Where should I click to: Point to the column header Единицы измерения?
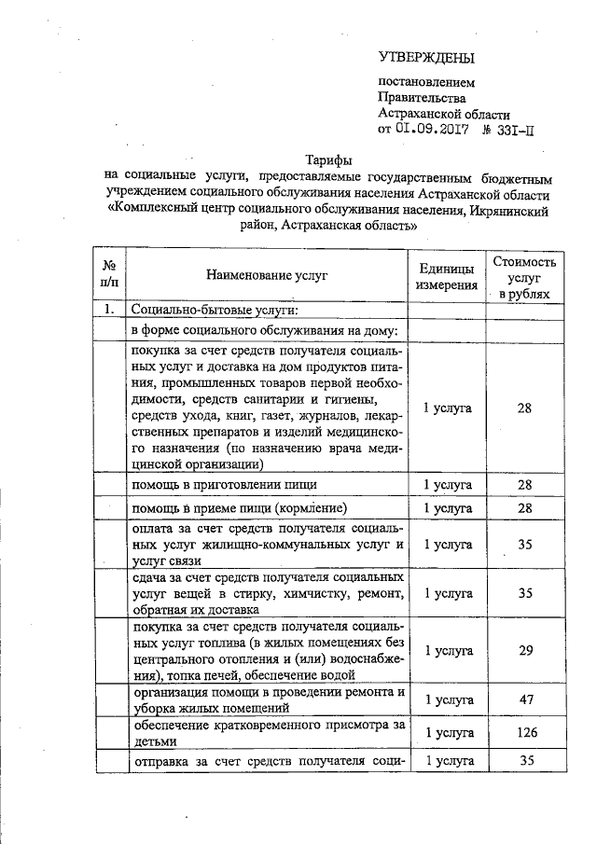point(447,276)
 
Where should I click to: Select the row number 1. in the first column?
point(110,309)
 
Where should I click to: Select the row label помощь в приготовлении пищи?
point(224,485)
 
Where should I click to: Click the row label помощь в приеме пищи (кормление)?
point(240,507)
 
